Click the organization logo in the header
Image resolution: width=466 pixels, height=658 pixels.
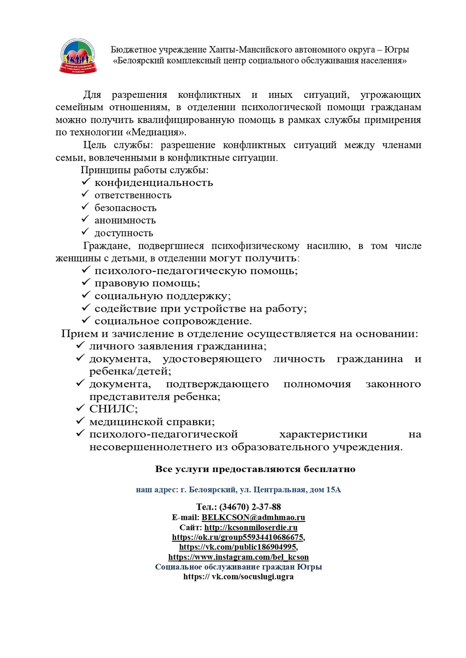(78, 56)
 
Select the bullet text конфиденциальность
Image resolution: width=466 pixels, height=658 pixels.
(154, 183)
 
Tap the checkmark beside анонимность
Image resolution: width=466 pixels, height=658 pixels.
(85, 219)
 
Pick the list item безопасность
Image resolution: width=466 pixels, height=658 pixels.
(125, 208)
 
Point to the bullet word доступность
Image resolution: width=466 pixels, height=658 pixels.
(124, 233)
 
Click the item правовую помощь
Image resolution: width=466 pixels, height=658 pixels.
(147, 283)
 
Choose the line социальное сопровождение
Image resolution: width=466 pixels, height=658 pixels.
(173, 321)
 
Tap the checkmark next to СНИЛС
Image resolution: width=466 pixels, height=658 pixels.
(80, 408)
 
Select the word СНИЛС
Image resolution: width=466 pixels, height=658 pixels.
(113, 409)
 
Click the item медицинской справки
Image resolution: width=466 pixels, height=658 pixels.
(152, 422)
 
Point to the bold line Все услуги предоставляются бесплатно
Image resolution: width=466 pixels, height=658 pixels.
(255, 469)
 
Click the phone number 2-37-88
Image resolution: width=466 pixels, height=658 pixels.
(266, 507)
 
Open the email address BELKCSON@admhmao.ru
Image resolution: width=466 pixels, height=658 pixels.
(253, 518)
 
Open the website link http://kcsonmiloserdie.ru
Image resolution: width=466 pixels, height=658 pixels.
(251, 528)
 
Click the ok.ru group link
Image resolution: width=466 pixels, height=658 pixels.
(238, 537)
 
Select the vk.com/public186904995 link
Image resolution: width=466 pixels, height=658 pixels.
(238, 547)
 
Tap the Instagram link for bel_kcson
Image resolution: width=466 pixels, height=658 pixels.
(238, 557)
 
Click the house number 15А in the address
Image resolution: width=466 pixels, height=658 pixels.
(333, 490)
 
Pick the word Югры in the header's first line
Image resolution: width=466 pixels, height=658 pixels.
(397, 50)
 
